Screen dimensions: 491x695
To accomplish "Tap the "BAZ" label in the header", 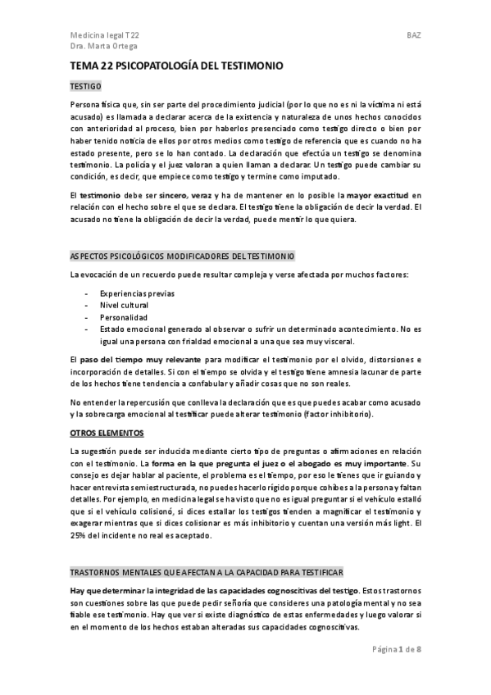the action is point(413,36).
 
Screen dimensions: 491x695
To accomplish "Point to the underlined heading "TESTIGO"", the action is point(85,85).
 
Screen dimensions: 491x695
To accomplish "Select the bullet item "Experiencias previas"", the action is point(137,293).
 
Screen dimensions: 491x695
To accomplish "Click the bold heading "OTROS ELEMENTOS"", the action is point(107,432).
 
